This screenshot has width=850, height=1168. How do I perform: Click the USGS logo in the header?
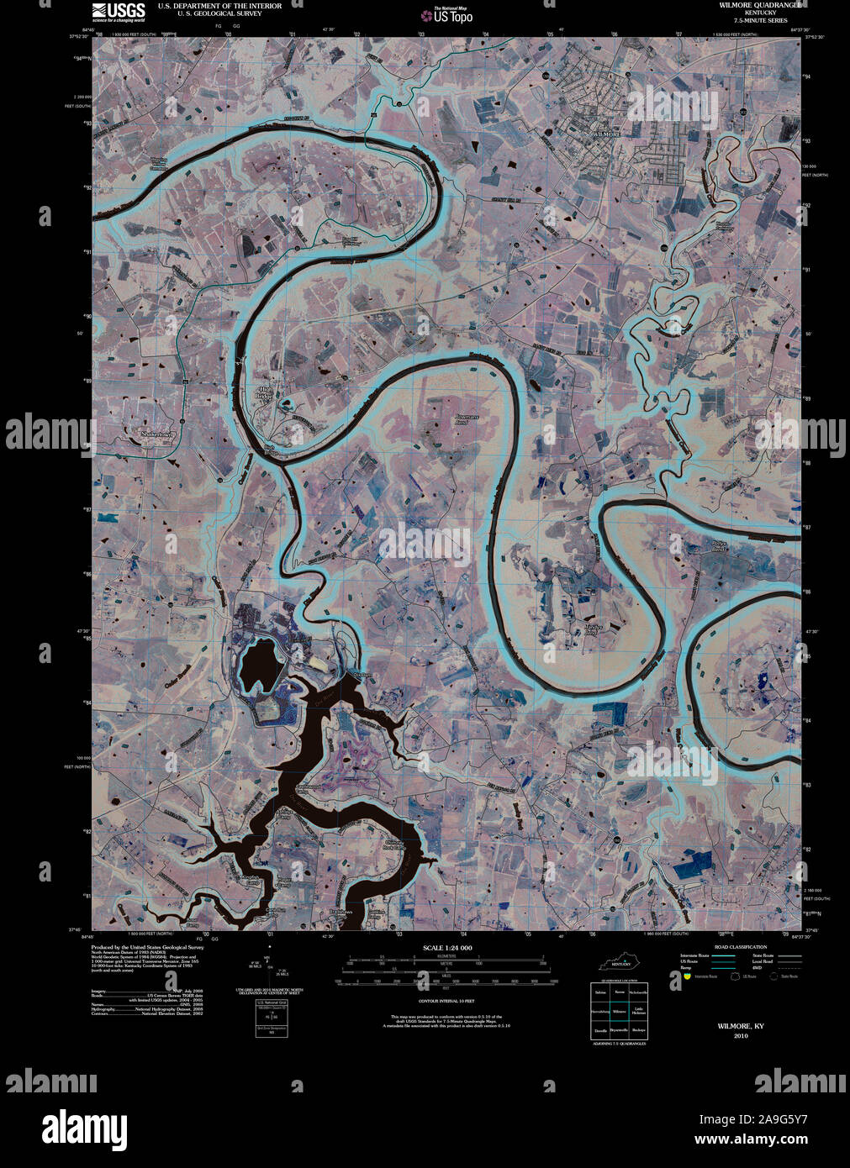(x=119, y=11)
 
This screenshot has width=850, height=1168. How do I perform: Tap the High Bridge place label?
(x=265, y=394)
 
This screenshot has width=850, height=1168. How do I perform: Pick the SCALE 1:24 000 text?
(x=448, y=947)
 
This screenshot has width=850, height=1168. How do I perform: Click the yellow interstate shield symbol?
(x=688, y=976)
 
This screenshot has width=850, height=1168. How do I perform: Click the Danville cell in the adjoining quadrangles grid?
(x=600, y=1029)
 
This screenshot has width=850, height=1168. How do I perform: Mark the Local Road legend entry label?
(x=784, y=961)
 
